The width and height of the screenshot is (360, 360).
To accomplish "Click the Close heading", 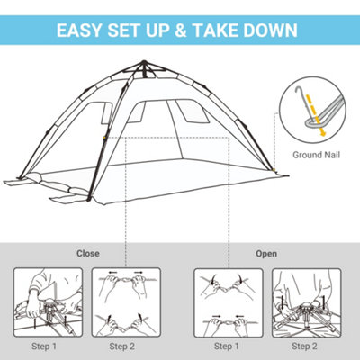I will coord(88,253).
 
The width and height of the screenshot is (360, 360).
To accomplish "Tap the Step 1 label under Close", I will coord(43,346).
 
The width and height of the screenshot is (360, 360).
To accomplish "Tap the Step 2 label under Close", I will coord(123,346).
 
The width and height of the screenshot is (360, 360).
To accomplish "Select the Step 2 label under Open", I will coord(305,346).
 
